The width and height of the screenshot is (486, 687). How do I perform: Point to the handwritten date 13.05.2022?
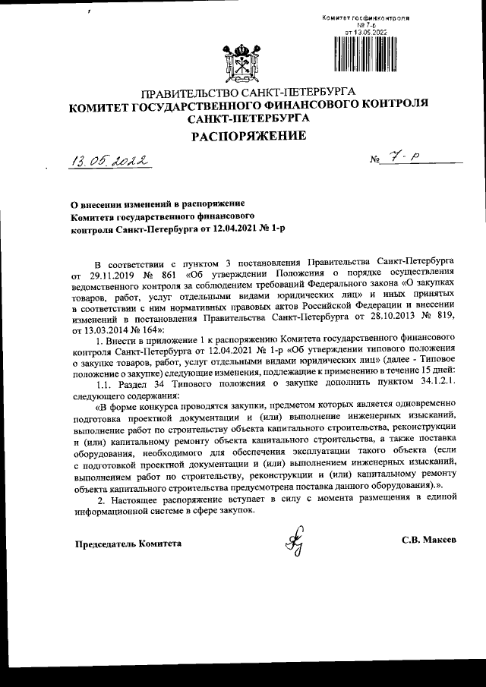[x=109, y=162]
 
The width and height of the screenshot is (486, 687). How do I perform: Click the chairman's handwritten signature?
[x=292, y=541]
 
